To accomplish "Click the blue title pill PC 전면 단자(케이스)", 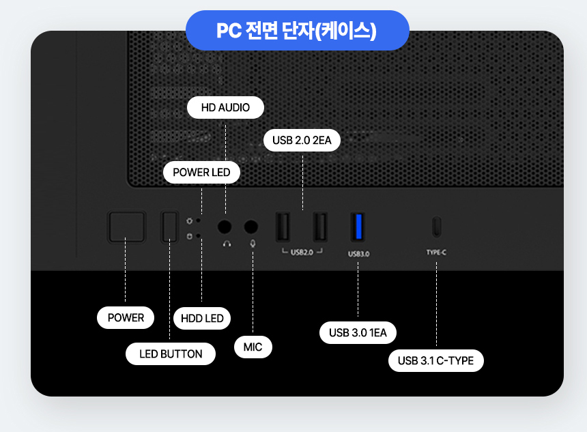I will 297,31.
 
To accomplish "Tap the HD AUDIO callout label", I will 225,108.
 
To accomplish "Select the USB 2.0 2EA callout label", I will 302,141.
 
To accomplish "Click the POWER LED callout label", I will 201,172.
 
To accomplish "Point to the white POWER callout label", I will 126,317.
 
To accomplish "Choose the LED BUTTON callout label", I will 171,354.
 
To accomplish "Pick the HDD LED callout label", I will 202,318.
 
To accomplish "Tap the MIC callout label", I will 253,347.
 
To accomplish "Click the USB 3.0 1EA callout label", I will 358,332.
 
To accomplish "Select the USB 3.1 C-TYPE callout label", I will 435,360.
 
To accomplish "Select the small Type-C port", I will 436,227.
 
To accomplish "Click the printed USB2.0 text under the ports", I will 302,252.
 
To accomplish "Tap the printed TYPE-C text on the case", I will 436,252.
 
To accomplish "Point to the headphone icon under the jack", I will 226,243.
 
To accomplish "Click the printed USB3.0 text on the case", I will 358,253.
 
